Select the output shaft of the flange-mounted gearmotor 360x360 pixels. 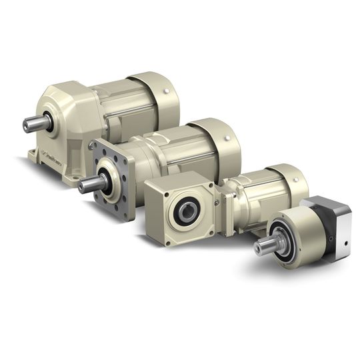(89, 184)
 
